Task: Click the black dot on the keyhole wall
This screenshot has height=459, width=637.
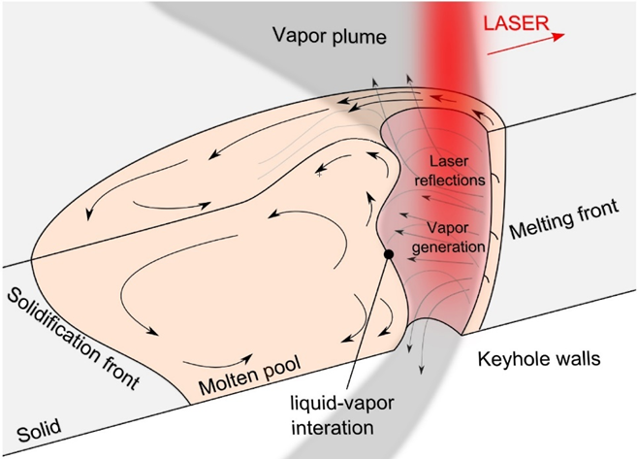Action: click(388, 254)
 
